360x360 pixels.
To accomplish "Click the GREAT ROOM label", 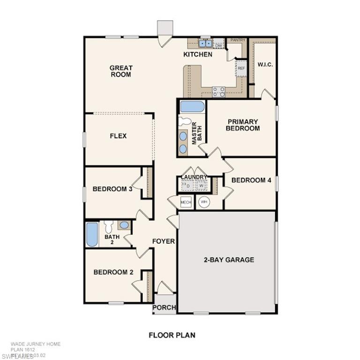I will (121, 71).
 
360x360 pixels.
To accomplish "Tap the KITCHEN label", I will (197, 54).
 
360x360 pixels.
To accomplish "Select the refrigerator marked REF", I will (241, 68).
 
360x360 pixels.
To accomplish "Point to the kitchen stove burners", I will (218, 91).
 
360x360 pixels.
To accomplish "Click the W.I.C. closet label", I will (265, 65).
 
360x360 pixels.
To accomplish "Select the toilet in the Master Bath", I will (185, 121).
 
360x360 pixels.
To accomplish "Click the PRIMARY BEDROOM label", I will (242, 125).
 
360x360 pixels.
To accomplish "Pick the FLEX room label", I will (118, 136).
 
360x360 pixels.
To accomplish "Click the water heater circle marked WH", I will (203, 202).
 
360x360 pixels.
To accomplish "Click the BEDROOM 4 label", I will (251, 180).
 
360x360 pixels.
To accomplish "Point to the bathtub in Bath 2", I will (92, 234).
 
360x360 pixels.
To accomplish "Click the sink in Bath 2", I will (124, 225).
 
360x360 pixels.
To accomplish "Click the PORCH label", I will (164, 307).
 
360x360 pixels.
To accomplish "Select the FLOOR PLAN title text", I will (172, 335).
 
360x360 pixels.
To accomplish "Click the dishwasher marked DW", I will (218, 45).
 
